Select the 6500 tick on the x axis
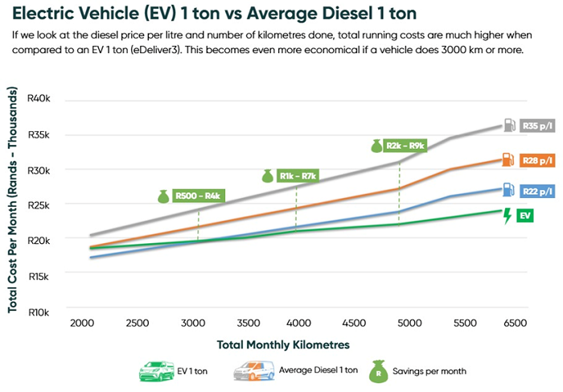(x=515, y=323)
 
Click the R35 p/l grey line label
(x=537, y=126)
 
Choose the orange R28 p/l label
(x=537, y=160)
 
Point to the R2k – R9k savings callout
(x=405, y=146)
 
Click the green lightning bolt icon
(x=507, y=216)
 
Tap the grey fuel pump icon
(x=508, y=126)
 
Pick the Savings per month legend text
(x=430, y=371)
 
